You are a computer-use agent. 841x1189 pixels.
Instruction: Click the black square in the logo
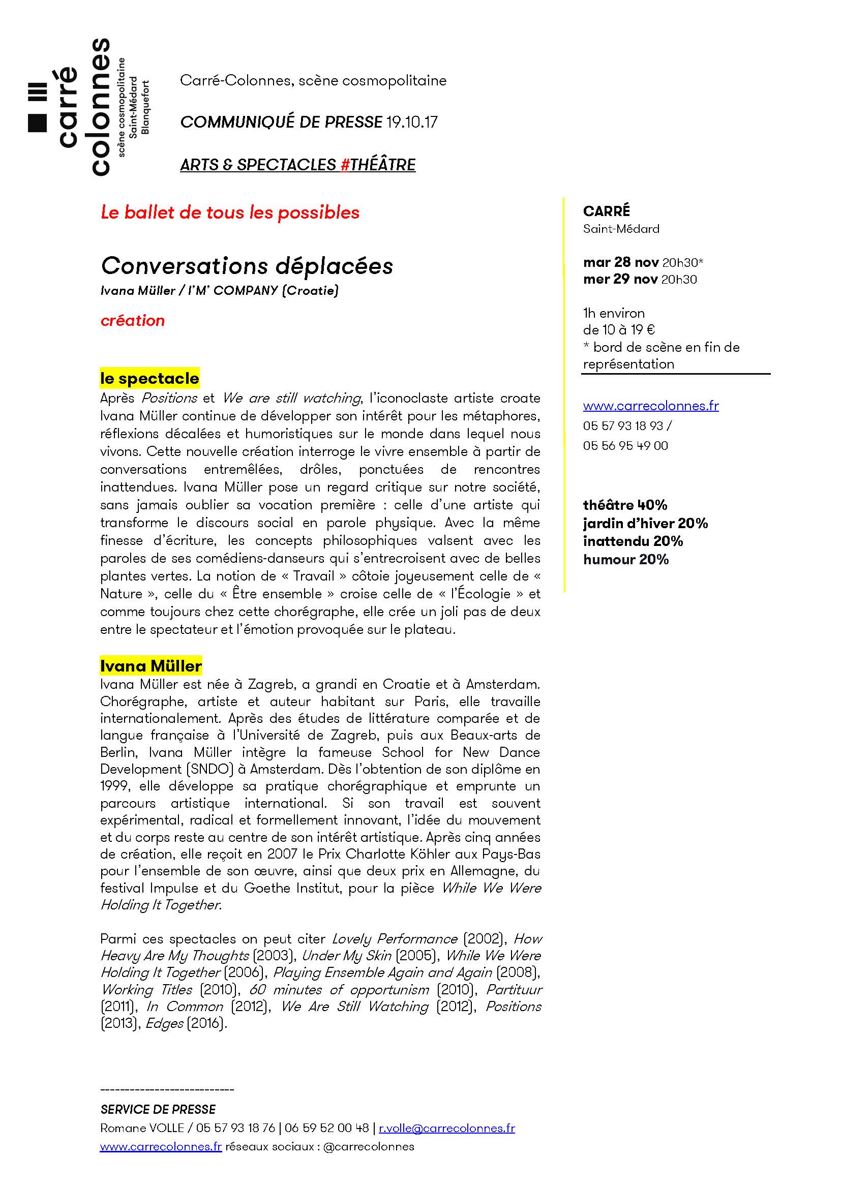pyautogui.click(x=37, y=122)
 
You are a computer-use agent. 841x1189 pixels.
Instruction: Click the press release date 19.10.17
pyautogui.click(x=412, y=122)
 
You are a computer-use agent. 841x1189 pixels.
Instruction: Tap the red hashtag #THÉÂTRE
pyautogui.click(x=378, y=165)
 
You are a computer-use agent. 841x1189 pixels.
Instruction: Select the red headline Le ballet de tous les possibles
pyautogui.click(x=230, y=212)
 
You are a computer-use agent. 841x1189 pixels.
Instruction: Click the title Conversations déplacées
pyautogui.click(x=247, y=266)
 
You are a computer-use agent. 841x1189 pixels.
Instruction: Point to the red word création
pyautogui.click(x=133, y=321)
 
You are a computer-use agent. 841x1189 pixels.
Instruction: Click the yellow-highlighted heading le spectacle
pyautogui.click(x=149, y=379)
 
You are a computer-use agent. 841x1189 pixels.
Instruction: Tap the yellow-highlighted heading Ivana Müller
pyautogui.click(x=151, y=665)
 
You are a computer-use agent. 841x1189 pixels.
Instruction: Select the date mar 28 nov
pyautogui.click(x=621, y=262)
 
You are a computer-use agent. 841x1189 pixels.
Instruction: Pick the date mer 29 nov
pyautogui.click(x=620, y=280)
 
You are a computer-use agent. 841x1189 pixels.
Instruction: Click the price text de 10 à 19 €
pyautogui.click(x=619, y=330)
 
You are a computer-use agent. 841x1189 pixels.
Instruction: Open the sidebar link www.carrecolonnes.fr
pyautogui.click(x=650, y=406)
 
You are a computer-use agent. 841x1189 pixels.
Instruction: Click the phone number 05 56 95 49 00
pyautogui.click(x=625, y=446)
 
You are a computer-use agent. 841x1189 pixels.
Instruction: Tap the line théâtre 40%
pyautogui.click(x=625, y=505)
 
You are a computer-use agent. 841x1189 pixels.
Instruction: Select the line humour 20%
pyautogui.click(x=625, y=559)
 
